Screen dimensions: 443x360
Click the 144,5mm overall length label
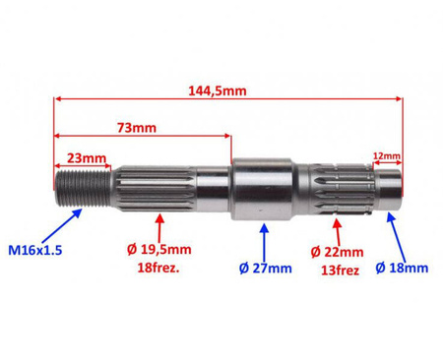[218, 90]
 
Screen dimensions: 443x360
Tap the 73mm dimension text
[137, 128]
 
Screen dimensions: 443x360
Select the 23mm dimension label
[87, 158]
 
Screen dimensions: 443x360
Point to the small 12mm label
[387, 155]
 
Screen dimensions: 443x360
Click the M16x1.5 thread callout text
[34, 251]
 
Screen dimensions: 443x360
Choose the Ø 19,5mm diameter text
[159, 250]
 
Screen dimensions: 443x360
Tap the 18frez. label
[158, 269]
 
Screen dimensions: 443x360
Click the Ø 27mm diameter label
[266, 269]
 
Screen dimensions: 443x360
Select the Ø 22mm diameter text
[337, 252]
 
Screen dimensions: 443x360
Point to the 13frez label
[340, 270]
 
